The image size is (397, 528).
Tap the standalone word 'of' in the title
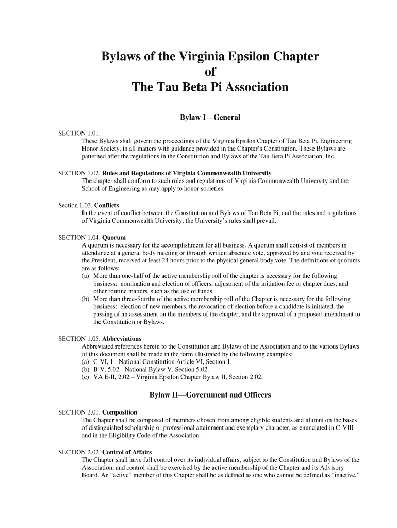[x=210, y=72]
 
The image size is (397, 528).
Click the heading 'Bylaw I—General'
[x=210, y=118]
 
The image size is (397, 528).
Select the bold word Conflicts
[x=110, y=205]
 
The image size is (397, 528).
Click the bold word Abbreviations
[x=122, y=339]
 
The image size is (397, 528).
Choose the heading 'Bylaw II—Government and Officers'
[x=210, y=395]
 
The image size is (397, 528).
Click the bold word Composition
[x=120, y=412]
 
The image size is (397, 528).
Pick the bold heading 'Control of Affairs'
[x=126, y=452]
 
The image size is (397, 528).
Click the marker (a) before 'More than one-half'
[x=86, y=276]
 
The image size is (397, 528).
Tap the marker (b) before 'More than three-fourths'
[x=86, y=299]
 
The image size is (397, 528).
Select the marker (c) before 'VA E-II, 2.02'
[x=86, y=377]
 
